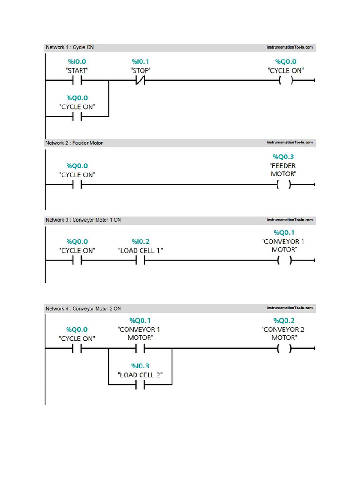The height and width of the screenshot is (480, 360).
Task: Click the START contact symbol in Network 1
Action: tap(77, 80)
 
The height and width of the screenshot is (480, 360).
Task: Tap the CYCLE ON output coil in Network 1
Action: tap(285, 80)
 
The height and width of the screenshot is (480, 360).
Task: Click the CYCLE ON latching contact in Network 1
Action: tap(77, 117)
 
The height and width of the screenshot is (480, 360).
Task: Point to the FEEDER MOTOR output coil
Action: tap(284, 185)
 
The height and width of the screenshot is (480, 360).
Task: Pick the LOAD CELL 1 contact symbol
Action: tap(140, 261)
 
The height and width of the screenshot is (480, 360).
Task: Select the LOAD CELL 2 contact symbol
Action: tap(140, 385)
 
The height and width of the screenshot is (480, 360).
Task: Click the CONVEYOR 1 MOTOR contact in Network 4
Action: tap(140, 349)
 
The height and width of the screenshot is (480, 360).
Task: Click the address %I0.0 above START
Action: tap(77, 61)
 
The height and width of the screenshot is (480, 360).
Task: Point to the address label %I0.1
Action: tap(140, 61)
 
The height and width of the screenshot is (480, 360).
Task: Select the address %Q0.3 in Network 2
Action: tap(284, 157)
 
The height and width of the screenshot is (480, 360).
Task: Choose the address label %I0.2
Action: tap(140, 241)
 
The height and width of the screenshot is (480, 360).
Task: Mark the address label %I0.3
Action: tap(140, 366)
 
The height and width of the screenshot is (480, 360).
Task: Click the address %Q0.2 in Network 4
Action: tap(285, 321)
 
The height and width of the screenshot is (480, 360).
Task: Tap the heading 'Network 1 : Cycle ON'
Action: tap(69, 47)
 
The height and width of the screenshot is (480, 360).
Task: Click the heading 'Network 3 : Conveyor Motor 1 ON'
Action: tap(83, 220)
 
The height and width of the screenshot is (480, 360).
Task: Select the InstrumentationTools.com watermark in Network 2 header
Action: tap(289, 143)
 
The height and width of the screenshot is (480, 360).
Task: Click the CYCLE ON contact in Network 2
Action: tap(77, 185)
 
